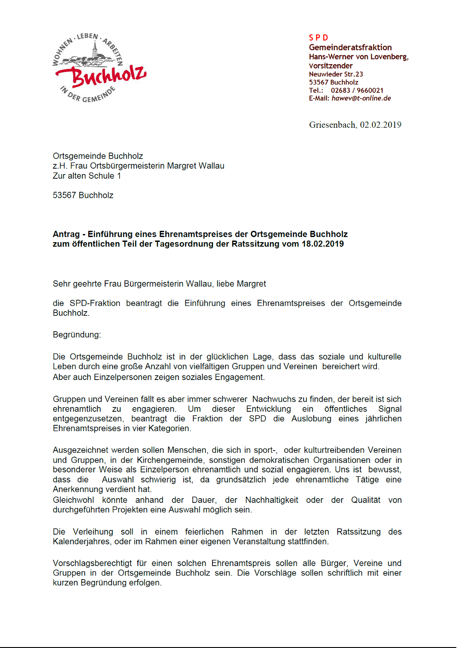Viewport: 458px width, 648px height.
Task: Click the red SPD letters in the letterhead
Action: tap(318, 38)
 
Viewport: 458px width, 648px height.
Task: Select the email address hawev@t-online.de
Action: tap(361, 98)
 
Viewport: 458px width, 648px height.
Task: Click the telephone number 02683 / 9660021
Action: tap(357, 90)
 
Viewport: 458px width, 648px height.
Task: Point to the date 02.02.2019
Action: tap(380, 125)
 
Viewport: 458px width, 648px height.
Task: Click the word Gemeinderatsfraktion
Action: tap(350, 47)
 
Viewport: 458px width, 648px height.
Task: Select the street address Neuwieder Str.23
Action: tap(336, 74)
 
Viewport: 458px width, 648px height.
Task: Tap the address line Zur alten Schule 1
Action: tap(87, 176)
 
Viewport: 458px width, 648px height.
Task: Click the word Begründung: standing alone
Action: tap(77, 335)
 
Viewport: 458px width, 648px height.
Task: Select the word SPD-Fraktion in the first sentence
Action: tap(95, 303)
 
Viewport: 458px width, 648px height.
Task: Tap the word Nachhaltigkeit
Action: tap(272, 500)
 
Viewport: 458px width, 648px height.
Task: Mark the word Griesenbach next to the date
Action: tap(332, 125)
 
